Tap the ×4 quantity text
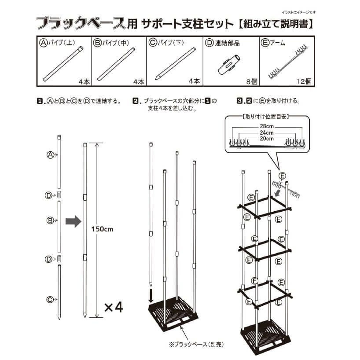[x=114, y=307]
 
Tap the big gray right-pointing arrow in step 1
[x=73, y=221]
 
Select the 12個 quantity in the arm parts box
[x=304, y=81]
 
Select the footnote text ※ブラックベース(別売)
[x=189, y=344]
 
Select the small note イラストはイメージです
[x=298, y=12]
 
